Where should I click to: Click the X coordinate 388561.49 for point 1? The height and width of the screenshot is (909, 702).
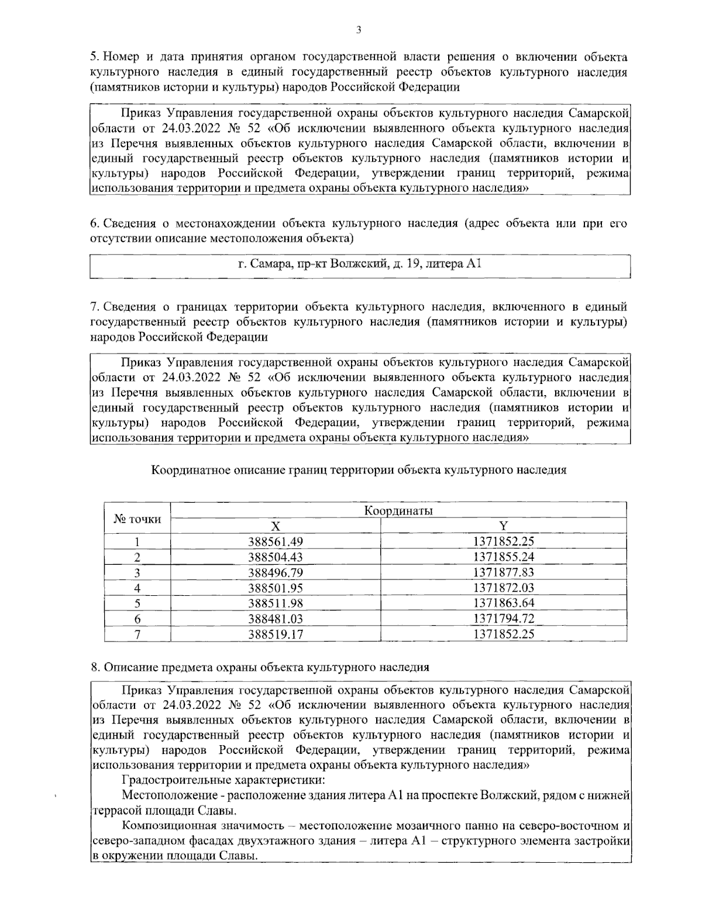click(x=276, y=541)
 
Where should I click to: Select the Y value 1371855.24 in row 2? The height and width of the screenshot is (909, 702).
click(x=504, y=557)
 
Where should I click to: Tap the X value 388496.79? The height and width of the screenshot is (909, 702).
click(x=276, y=572)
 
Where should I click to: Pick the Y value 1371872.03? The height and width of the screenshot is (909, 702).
click(x=504, y=587)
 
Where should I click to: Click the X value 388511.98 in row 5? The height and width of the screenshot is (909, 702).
click(x=276, y=603)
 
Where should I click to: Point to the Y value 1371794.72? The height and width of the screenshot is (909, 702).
click(x=504, y=618)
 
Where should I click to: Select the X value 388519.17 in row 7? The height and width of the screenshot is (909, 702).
click(x=276, y=633)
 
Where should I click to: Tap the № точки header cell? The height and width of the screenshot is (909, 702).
click(x=137, y=519)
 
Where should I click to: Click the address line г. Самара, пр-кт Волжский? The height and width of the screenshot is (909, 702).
click(x=359, y=264)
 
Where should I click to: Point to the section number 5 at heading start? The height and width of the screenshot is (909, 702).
click(x=94, y=57)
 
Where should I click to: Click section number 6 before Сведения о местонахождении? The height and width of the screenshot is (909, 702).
click(x=94, y=223)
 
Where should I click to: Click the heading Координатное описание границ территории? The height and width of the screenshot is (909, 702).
click(x=359, y=469)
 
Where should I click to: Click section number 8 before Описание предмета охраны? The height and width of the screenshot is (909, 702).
click(x=94, y=667)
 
